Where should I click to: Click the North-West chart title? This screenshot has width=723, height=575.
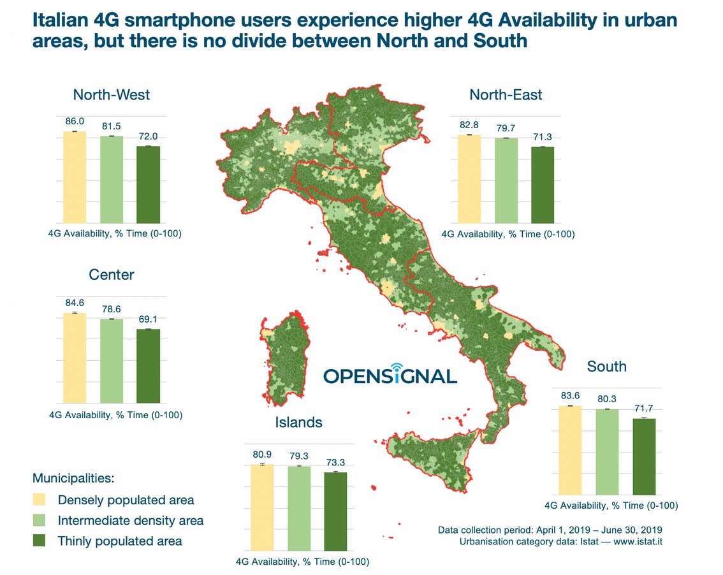click(x=111, y=94)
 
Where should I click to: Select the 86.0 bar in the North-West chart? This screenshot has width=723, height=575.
click(x=75, y=177)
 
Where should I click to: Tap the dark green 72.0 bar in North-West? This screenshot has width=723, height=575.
click(x=148, y=185)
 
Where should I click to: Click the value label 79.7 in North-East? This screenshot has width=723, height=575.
click(x=506, y=128)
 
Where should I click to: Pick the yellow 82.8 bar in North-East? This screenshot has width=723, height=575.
click(x=469, y=179)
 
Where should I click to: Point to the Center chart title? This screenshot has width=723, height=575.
click(x=111, y=274)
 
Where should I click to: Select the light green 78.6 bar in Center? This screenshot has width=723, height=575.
click(x=112, y=361)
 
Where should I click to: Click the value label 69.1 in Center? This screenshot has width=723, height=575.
click(x=148, y=319)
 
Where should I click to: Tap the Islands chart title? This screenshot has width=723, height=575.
click(x=299, y=422)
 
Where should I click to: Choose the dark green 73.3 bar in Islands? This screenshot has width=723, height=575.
click(x=335, y=511)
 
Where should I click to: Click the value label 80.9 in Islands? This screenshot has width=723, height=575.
click(x=262, y=454)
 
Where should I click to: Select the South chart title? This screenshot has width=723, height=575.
click(x=607, y=366)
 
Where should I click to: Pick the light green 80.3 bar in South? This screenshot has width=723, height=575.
click(x=607, y=453)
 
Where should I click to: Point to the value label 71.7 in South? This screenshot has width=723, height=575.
click(x=644, y=408)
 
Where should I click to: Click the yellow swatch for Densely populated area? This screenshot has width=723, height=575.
click(x=39, y=500)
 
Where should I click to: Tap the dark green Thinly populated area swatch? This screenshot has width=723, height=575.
click(x=39, y=541)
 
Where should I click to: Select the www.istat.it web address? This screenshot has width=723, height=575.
click(x=638, y=541)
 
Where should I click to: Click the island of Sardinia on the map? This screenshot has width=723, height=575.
click(x=284, y=358)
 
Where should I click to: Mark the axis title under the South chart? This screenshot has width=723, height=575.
click(x=611, y=506)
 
